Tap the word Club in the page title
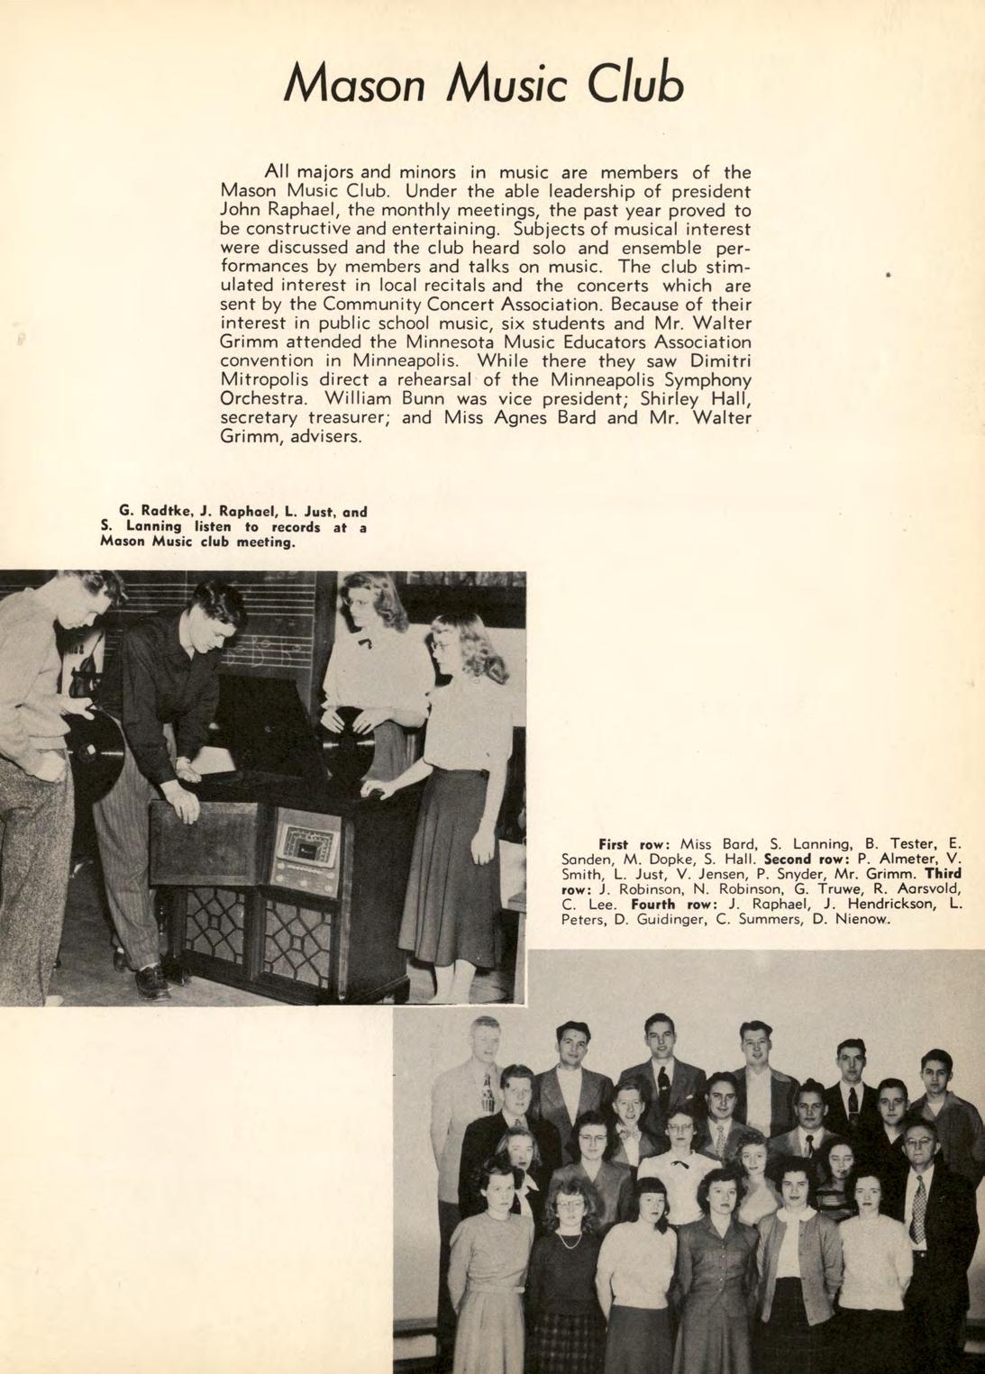pyautogui.click(x=635, y=84)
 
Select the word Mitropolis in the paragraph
pyautogui.click(x=266, y=380)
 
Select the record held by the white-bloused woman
pyautogui.click(x=349, y=744)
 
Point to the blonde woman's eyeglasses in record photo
pyautogui.click(x=442, y=645)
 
